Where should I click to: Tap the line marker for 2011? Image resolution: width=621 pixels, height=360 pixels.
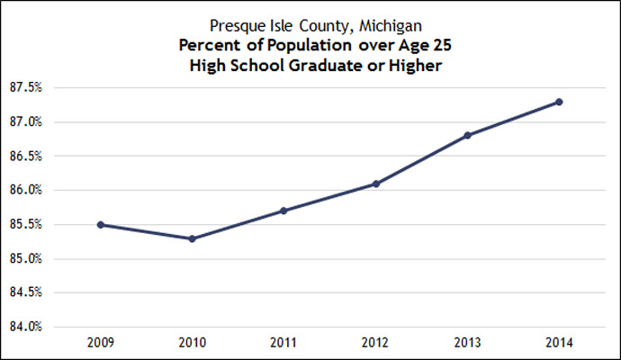(x=283, y=211)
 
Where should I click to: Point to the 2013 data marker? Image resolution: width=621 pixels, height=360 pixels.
(x=467, y=135)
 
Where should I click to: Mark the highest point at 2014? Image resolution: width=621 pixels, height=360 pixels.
(x=559, y=102)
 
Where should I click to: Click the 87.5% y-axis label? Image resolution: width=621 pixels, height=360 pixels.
(x=29, y=88)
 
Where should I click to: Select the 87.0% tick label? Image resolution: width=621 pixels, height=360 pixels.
(x=29, y=122)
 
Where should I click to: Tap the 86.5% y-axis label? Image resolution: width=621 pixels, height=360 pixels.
(x=29, y=157)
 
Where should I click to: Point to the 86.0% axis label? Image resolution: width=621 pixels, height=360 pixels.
(x=29, y=191)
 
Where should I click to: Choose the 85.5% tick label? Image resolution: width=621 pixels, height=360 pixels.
(x=29, y=225)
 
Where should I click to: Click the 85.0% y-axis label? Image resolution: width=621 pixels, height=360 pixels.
(x=29, y=259)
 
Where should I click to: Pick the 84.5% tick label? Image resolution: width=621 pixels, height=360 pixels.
(x=29, y=292)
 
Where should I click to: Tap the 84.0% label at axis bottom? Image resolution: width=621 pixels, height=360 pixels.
(x=29, y=327)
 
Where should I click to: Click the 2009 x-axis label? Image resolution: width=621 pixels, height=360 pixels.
(x=101, y=343)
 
